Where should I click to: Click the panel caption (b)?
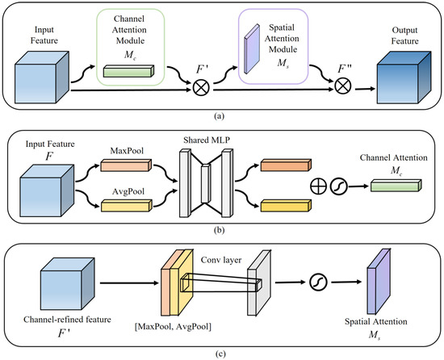(221, 229)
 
